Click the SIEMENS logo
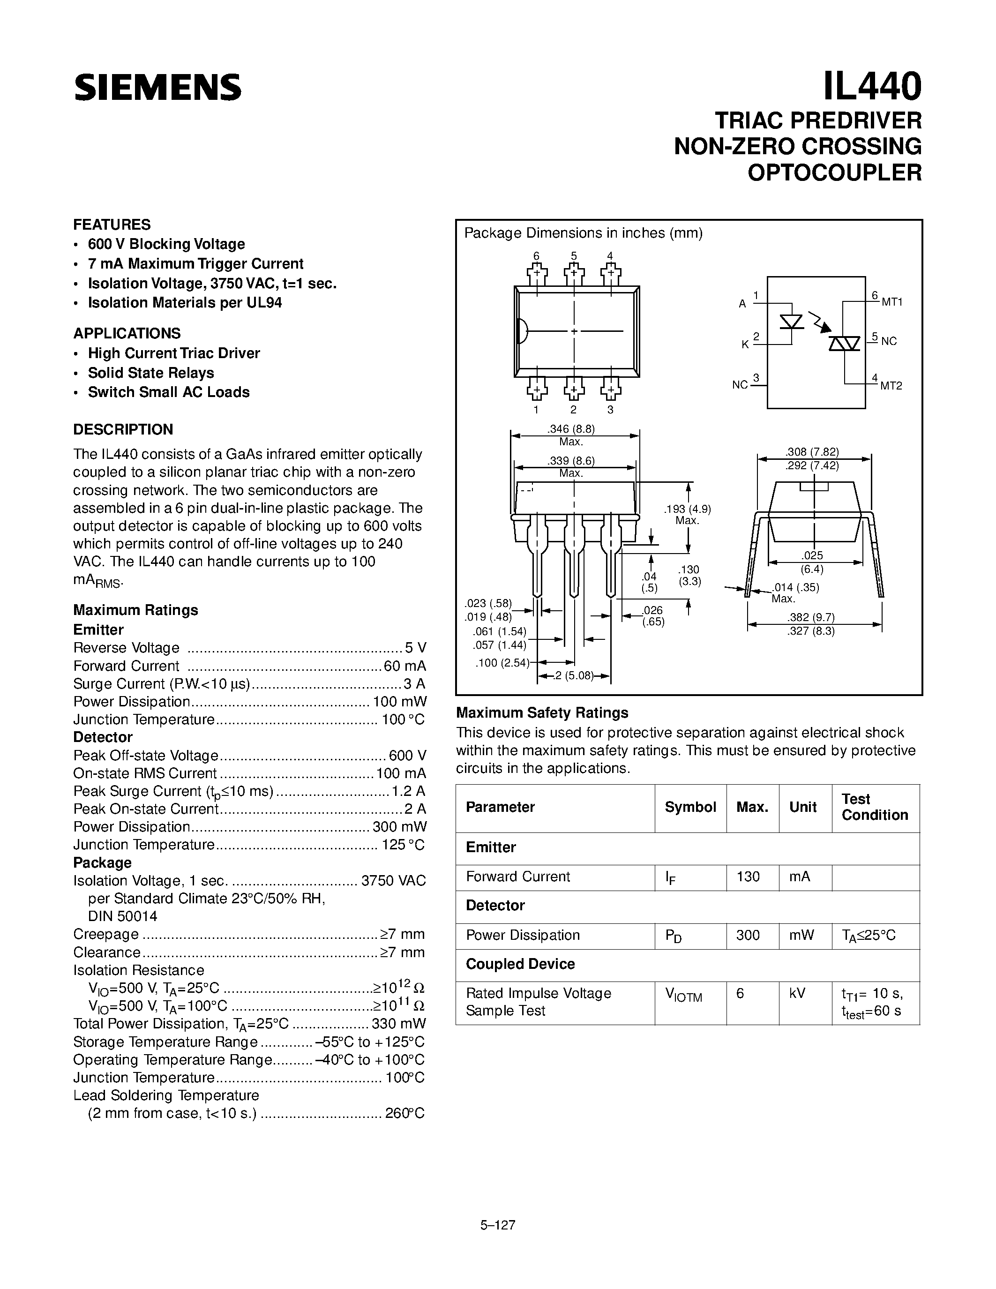click(x=157, y=87)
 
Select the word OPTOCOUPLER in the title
click(x=834, y=172)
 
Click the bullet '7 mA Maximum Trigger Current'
click(x=195, y=264)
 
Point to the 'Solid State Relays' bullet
click(x=150, y=373)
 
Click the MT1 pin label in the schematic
click(x=891, y=302)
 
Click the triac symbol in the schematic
click(x=844, y=344)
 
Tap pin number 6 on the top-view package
click(x=536, y=256)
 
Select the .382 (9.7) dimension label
click(x=814, y=617)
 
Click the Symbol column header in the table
click(x=690, y=808)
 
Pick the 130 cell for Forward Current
click(x=748, y=877)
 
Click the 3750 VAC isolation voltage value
click(x=393, y=881)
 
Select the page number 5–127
click(x=498, y=1225)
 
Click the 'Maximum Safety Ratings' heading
click(x=542, y=713)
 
